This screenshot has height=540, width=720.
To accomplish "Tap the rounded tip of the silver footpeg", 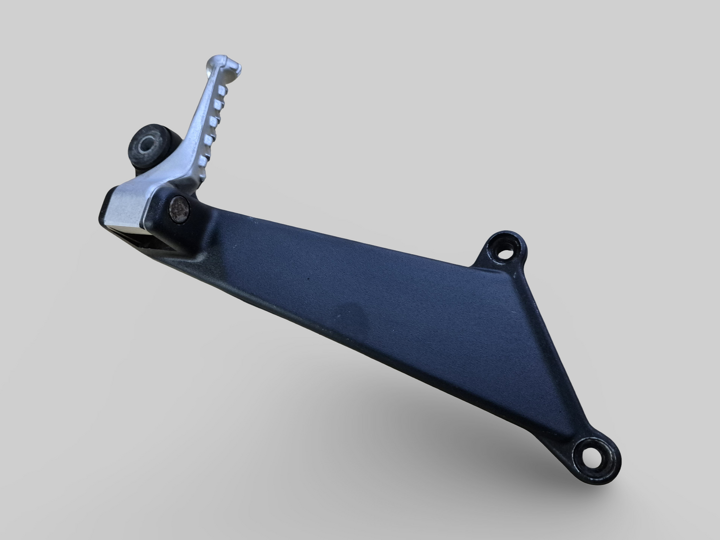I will pos(229,63).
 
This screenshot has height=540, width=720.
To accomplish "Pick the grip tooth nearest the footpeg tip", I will pos(221,91).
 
